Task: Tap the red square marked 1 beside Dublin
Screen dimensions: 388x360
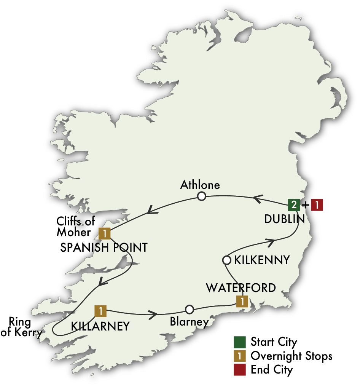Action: pos(317,205)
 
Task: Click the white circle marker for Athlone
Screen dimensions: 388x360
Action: pos(201,196)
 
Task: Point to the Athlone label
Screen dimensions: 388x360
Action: pos(200,185)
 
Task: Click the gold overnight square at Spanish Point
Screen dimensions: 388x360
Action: pos(105,233)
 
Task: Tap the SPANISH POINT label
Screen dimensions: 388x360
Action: pos(104,247)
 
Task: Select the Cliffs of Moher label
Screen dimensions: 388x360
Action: pos(76,227)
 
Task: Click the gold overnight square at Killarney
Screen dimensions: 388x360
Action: pos(100,311)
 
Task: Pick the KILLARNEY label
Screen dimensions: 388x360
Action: pos(100,326)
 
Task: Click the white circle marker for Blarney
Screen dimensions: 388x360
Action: pos(190,309)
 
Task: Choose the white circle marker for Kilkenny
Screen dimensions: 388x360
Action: pos(226,260)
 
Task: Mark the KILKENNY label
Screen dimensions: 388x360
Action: pos(262,260)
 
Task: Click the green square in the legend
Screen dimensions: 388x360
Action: pos(240,342)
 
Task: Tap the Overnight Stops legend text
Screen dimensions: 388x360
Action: pos(292,356)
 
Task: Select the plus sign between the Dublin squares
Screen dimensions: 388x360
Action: pos(305,205)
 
